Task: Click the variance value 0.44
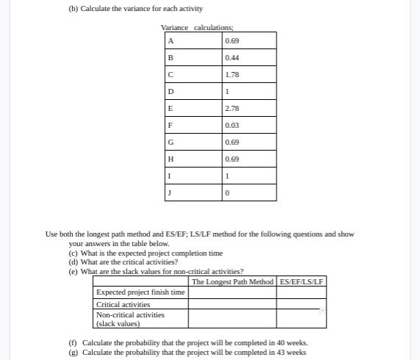point(232,57)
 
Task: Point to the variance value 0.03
point(232,125)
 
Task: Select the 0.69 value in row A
point(232,40)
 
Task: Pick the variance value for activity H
point(232,159)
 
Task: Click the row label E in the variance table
point(171,108)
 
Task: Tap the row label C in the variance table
point(171,74)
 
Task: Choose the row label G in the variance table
point(171,142)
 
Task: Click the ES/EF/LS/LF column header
point(302,281)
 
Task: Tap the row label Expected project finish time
point(140,292)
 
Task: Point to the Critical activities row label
point(123,304)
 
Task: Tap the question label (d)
point(74,262)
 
